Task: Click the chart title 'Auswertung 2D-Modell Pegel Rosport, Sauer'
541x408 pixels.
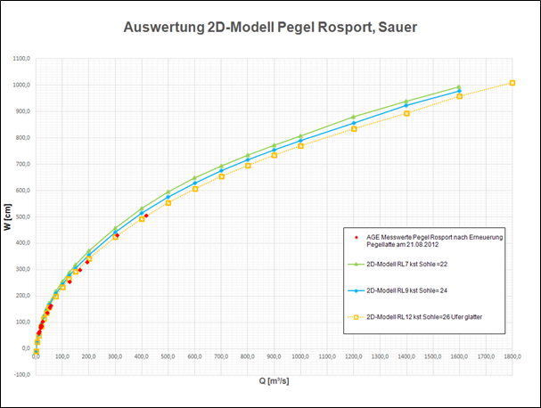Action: (x=270, y=28)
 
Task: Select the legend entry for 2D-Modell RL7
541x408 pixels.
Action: (x=414, y=264)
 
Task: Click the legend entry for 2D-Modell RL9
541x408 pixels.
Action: (x=414, y=290)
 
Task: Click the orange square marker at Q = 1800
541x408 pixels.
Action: (x=512, y=83)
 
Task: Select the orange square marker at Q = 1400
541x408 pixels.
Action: (x=406, y=113)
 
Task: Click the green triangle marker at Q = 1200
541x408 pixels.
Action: (x=354, y=117)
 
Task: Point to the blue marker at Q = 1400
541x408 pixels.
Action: (x=406, y=106)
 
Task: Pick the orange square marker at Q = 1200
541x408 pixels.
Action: (x=354, y=129)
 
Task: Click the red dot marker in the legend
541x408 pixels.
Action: (x=356, y=237)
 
